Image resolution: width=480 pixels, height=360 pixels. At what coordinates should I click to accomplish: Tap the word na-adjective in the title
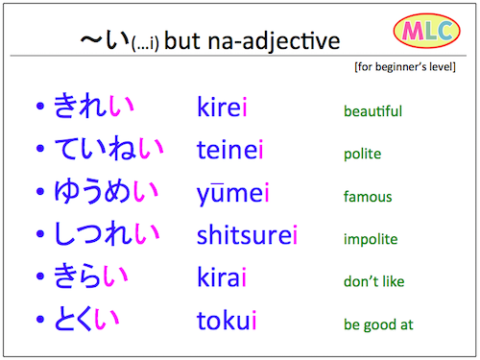click(x=284, y=41)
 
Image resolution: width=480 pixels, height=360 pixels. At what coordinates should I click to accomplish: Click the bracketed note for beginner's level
click(x=410, y=70)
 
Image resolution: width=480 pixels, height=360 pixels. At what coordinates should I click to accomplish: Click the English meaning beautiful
click(x=372, y=111)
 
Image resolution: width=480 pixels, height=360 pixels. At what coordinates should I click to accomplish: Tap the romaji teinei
click(x=230, y=152)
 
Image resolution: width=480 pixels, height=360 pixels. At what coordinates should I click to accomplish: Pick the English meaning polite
click(x=362, y=154)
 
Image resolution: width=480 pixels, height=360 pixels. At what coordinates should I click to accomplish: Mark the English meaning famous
click(x=368, y=197)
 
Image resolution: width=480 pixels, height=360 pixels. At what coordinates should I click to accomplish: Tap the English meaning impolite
click(x=371, y=239)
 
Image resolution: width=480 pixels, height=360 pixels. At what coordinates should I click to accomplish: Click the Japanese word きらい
click(x=91, y=279)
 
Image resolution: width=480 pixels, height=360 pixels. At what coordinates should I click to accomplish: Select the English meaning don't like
click(x=373, y=282)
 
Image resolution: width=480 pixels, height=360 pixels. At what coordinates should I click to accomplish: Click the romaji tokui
click(x=227, y=322)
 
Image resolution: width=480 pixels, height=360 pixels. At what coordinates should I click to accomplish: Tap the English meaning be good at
click(x=378, y=324)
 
